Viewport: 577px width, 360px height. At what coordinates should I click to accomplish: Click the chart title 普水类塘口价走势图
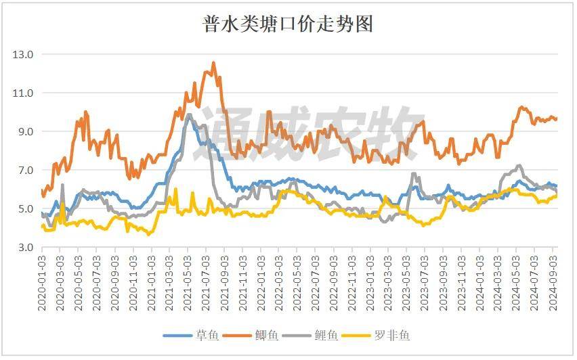[288, 25]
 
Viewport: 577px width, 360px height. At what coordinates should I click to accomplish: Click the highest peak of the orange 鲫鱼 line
[213, 63]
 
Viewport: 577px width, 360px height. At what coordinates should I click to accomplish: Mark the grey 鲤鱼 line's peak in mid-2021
[188, 114]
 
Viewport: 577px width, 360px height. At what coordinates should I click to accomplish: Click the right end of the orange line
[557, 119]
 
